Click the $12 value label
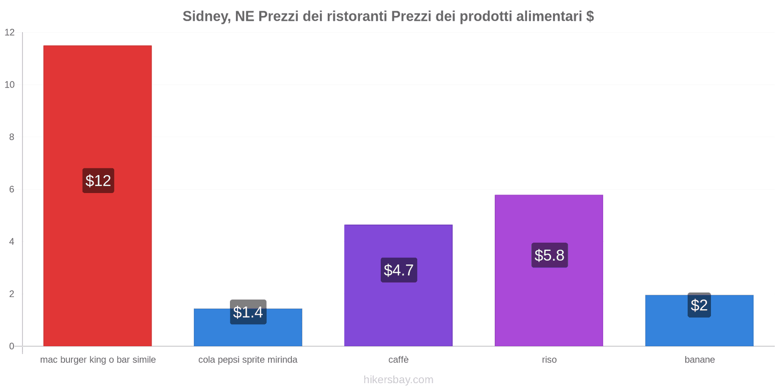click(98, 181)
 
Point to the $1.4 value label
click(248, 312)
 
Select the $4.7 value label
click(399, 270)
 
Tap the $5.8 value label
click(549, 255)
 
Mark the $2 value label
click(699, 305)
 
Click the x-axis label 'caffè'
click(398, 360)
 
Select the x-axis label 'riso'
click(549, 360)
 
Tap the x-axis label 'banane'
click(699, 360)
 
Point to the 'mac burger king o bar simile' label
click(98, 360)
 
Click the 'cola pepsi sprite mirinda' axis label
click(248, 360)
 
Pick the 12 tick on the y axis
click(10, 33)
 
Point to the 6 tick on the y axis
click(12, 190)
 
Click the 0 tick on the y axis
click(12, 346)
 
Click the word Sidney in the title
click(205, 17)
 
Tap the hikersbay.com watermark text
click(398, 380)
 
